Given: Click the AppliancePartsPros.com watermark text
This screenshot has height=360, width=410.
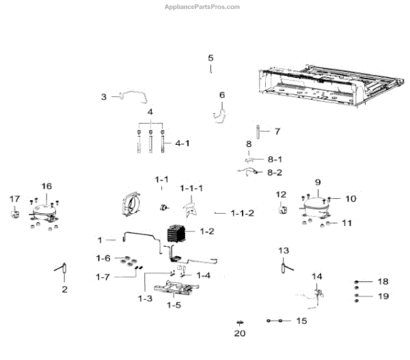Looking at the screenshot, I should [x=202, y=7].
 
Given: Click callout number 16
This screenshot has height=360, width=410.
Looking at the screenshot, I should [x=46, y=186].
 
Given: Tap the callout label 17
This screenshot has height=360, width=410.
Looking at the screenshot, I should [x=14, y=199].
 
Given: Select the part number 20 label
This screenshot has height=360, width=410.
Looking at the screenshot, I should [x=238, y=334].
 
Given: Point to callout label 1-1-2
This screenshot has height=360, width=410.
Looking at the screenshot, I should [x=242, y=213].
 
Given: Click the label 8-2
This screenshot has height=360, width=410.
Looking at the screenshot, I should [x=274, y=172].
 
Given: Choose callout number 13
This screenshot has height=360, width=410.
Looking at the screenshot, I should [x=284, y=250].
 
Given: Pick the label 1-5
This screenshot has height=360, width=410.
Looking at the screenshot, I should [x=174, y=305].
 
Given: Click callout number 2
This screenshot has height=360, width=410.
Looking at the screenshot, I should [x=64, y=289].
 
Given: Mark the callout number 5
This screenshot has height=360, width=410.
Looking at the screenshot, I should [x=210, y=58].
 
